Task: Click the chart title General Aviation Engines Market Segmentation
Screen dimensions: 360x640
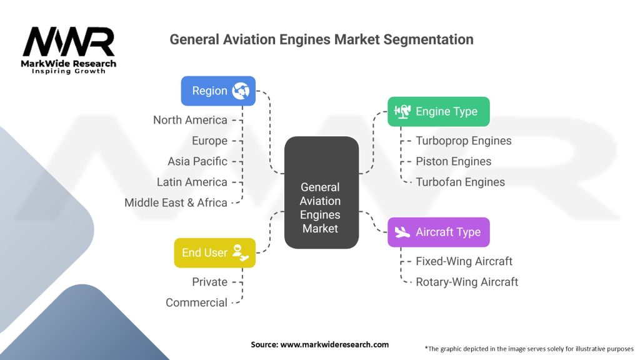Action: (321, 39)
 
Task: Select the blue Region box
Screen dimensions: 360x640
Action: (218, 91)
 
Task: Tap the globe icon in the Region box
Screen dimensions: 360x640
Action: (241, 91)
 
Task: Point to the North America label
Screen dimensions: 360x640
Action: (190, 120)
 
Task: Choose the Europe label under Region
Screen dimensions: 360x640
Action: (209, 141)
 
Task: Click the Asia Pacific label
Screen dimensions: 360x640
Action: (197, 161)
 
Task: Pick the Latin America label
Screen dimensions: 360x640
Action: (192, 182)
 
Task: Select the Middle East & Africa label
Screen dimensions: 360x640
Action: (176, 202)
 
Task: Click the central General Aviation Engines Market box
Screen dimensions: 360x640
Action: (321, 207)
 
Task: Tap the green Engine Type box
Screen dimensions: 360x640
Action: (438, 111)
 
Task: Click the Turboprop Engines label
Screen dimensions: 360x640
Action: (463, 141)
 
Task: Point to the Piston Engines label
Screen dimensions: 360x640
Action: (453, 161)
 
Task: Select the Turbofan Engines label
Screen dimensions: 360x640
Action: (460, 182)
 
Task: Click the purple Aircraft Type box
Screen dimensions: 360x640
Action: (438, 232)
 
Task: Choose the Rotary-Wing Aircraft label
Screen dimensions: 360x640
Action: (466, 282)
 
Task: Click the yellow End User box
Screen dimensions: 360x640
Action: (214, 252)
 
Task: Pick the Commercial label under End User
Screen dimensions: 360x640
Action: (196, 302)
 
